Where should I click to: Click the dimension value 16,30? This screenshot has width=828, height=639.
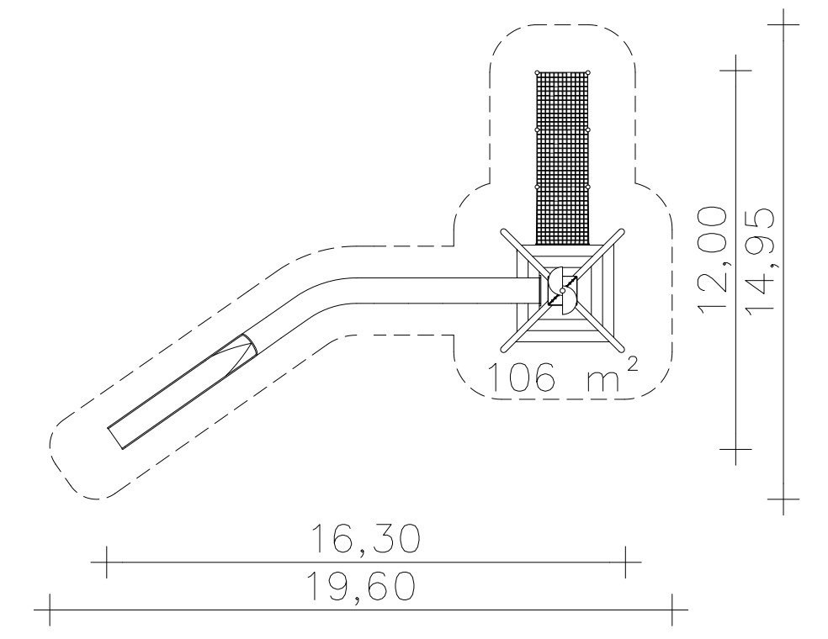point(366,539)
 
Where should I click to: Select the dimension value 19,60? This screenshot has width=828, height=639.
point(361,587)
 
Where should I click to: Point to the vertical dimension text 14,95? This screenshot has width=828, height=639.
point(762,260)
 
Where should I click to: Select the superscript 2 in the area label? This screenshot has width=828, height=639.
point(632,365)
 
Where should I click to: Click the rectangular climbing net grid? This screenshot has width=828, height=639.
point(563,158)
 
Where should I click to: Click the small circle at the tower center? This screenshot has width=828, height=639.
point(563,290)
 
